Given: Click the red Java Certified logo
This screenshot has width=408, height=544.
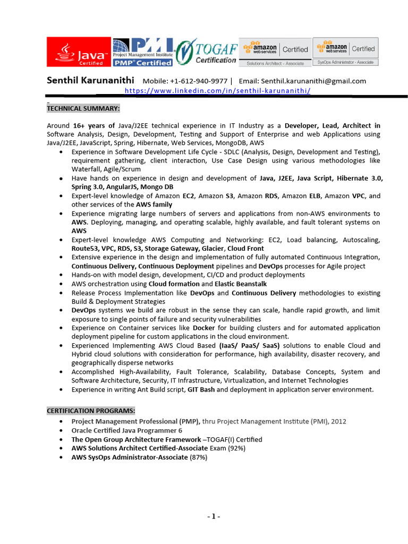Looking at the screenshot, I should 79,52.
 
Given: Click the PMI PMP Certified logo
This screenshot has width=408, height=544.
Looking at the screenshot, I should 143,52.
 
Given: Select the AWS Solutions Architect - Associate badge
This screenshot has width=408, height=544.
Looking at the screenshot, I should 275,52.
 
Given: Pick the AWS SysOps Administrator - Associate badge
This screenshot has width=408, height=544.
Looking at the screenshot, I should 345,52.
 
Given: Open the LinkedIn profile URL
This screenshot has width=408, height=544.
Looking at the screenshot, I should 217,91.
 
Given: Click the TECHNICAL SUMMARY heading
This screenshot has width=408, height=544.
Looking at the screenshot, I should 83,108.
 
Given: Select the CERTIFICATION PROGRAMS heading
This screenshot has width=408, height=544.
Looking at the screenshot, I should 91,411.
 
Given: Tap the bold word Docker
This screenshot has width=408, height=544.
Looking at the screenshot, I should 203,328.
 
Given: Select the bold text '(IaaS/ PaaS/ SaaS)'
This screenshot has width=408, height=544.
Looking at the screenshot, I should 249,345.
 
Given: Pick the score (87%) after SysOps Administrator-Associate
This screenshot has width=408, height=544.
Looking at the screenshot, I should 198,457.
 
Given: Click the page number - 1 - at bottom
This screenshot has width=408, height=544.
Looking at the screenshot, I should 213,516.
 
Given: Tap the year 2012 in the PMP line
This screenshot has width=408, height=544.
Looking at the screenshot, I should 337,421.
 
